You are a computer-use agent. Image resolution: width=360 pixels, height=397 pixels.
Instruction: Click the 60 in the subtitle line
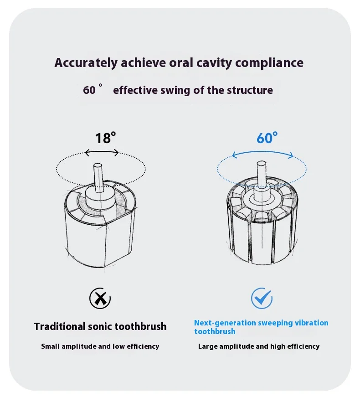point(89,90)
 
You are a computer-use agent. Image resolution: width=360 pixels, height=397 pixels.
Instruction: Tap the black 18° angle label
point(105,138)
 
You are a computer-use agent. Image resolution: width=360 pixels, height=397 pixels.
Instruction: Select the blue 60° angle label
point(267,138)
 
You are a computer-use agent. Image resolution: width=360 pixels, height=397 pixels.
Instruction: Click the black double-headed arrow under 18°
point(102,153)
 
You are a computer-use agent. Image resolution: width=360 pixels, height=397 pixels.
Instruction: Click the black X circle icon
point(100,299)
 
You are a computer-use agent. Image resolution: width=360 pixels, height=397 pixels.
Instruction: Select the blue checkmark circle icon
point(262,299)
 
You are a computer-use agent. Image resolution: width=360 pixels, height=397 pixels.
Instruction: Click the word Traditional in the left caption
point(59,326)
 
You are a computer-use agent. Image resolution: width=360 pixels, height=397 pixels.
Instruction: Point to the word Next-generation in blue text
point(225,323)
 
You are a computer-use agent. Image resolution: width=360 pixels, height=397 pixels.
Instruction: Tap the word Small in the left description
point(51,346)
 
